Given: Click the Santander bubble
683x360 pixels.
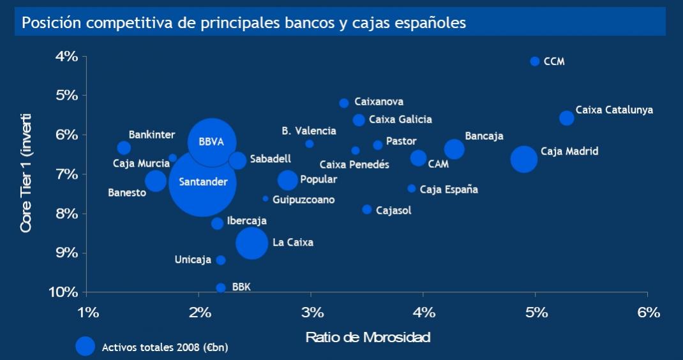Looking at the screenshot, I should tap(202, 183).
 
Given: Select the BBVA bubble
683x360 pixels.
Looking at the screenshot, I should tap(211, 142).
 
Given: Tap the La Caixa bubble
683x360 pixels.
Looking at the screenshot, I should tap(251, 243).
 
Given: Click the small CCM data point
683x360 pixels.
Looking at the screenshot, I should tap(535, 61).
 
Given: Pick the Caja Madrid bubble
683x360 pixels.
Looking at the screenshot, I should tap(524, 159).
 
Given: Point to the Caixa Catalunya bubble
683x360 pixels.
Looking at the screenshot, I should tap(566, 118).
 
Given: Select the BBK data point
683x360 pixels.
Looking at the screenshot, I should tap(221, 288).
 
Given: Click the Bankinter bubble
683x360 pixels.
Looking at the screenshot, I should tap(124, 148).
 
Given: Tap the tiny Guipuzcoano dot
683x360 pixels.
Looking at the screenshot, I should tap(266, 199).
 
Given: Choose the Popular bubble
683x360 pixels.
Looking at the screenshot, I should tap(288, 180).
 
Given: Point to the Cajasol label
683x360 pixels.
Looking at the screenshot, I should tap(394, 210).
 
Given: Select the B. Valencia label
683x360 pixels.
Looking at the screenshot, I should tap(309, 131).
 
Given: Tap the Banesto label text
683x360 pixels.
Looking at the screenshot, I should tap(127, 193).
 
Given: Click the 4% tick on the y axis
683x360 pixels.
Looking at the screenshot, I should tap(66, 57).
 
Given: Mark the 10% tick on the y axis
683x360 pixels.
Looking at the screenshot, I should tap(64, 292).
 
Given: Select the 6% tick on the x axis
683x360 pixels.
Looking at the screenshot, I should tap(648, 312).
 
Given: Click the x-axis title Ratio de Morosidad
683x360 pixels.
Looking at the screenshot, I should tap(368, 337).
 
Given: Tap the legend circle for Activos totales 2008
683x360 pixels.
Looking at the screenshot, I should tap(86, 345).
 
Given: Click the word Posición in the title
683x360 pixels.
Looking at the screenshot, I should tap(51, 23).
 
